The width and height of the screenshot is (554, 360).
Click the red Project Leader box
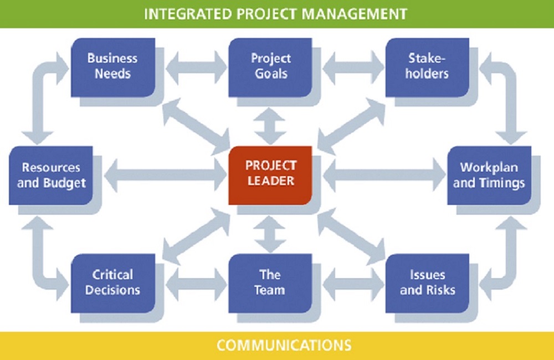pyautogui.click(x=270, y=173)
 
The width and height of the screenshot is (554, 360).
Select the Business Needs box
pyautogui.click(x=112, y=66)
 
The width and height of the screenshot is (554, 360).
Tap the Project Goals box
pyautogui.click(x=270, y=66)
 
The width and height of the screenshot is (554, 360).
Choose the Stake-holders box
pyautogui.click(x=428, y=66)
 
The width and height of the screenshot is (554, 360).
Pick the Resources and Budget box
pyautogui.click(x=52, y=175)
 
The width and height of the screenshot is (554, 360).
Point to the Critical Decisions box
pyautogui.click(x=112, y=282)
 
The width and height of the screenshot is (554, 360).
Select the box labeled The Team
pyautogui.click(x=270, y=282)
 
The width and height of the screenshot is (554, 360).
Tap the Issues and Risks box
pyautogui.click(x=428, y=282)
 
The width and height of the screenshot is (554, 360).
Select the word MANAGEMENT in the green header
pyautogui.click(x=356, y=14)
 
